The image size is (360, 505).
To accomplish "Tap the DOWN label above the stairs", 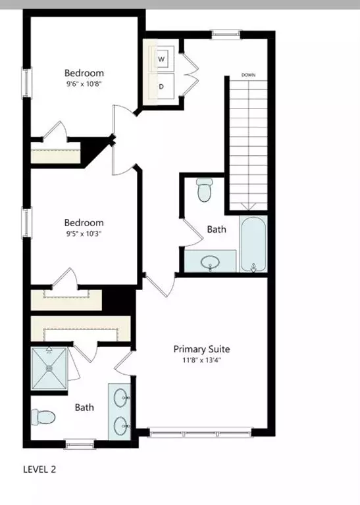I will click(x=248, y=75).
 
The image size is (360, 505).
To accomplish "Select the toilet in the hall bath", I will click(x=204, y=189).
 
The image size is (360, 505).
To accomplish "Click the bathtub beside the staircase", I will click(x=253, y=245).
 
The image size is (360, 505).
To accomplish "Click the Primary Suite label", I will click(x=201, y=349).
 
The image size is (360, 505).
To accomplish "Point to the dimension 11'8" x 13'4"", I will click(x=201, y=360).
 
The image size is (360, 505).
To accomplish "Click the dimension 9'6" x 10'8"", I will click(x=84, y=84).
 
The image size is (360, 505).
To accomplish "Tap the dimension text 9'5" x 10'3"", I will click(x=84, y=234).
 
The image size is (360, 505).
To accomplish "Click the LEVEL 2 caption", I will click(x=44, y=469).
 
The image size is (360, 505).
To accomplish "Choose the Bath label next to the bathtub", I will click(x=217, y=229).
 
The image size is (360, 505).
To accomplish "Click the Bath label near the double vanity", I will click(x=84, y=407).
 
